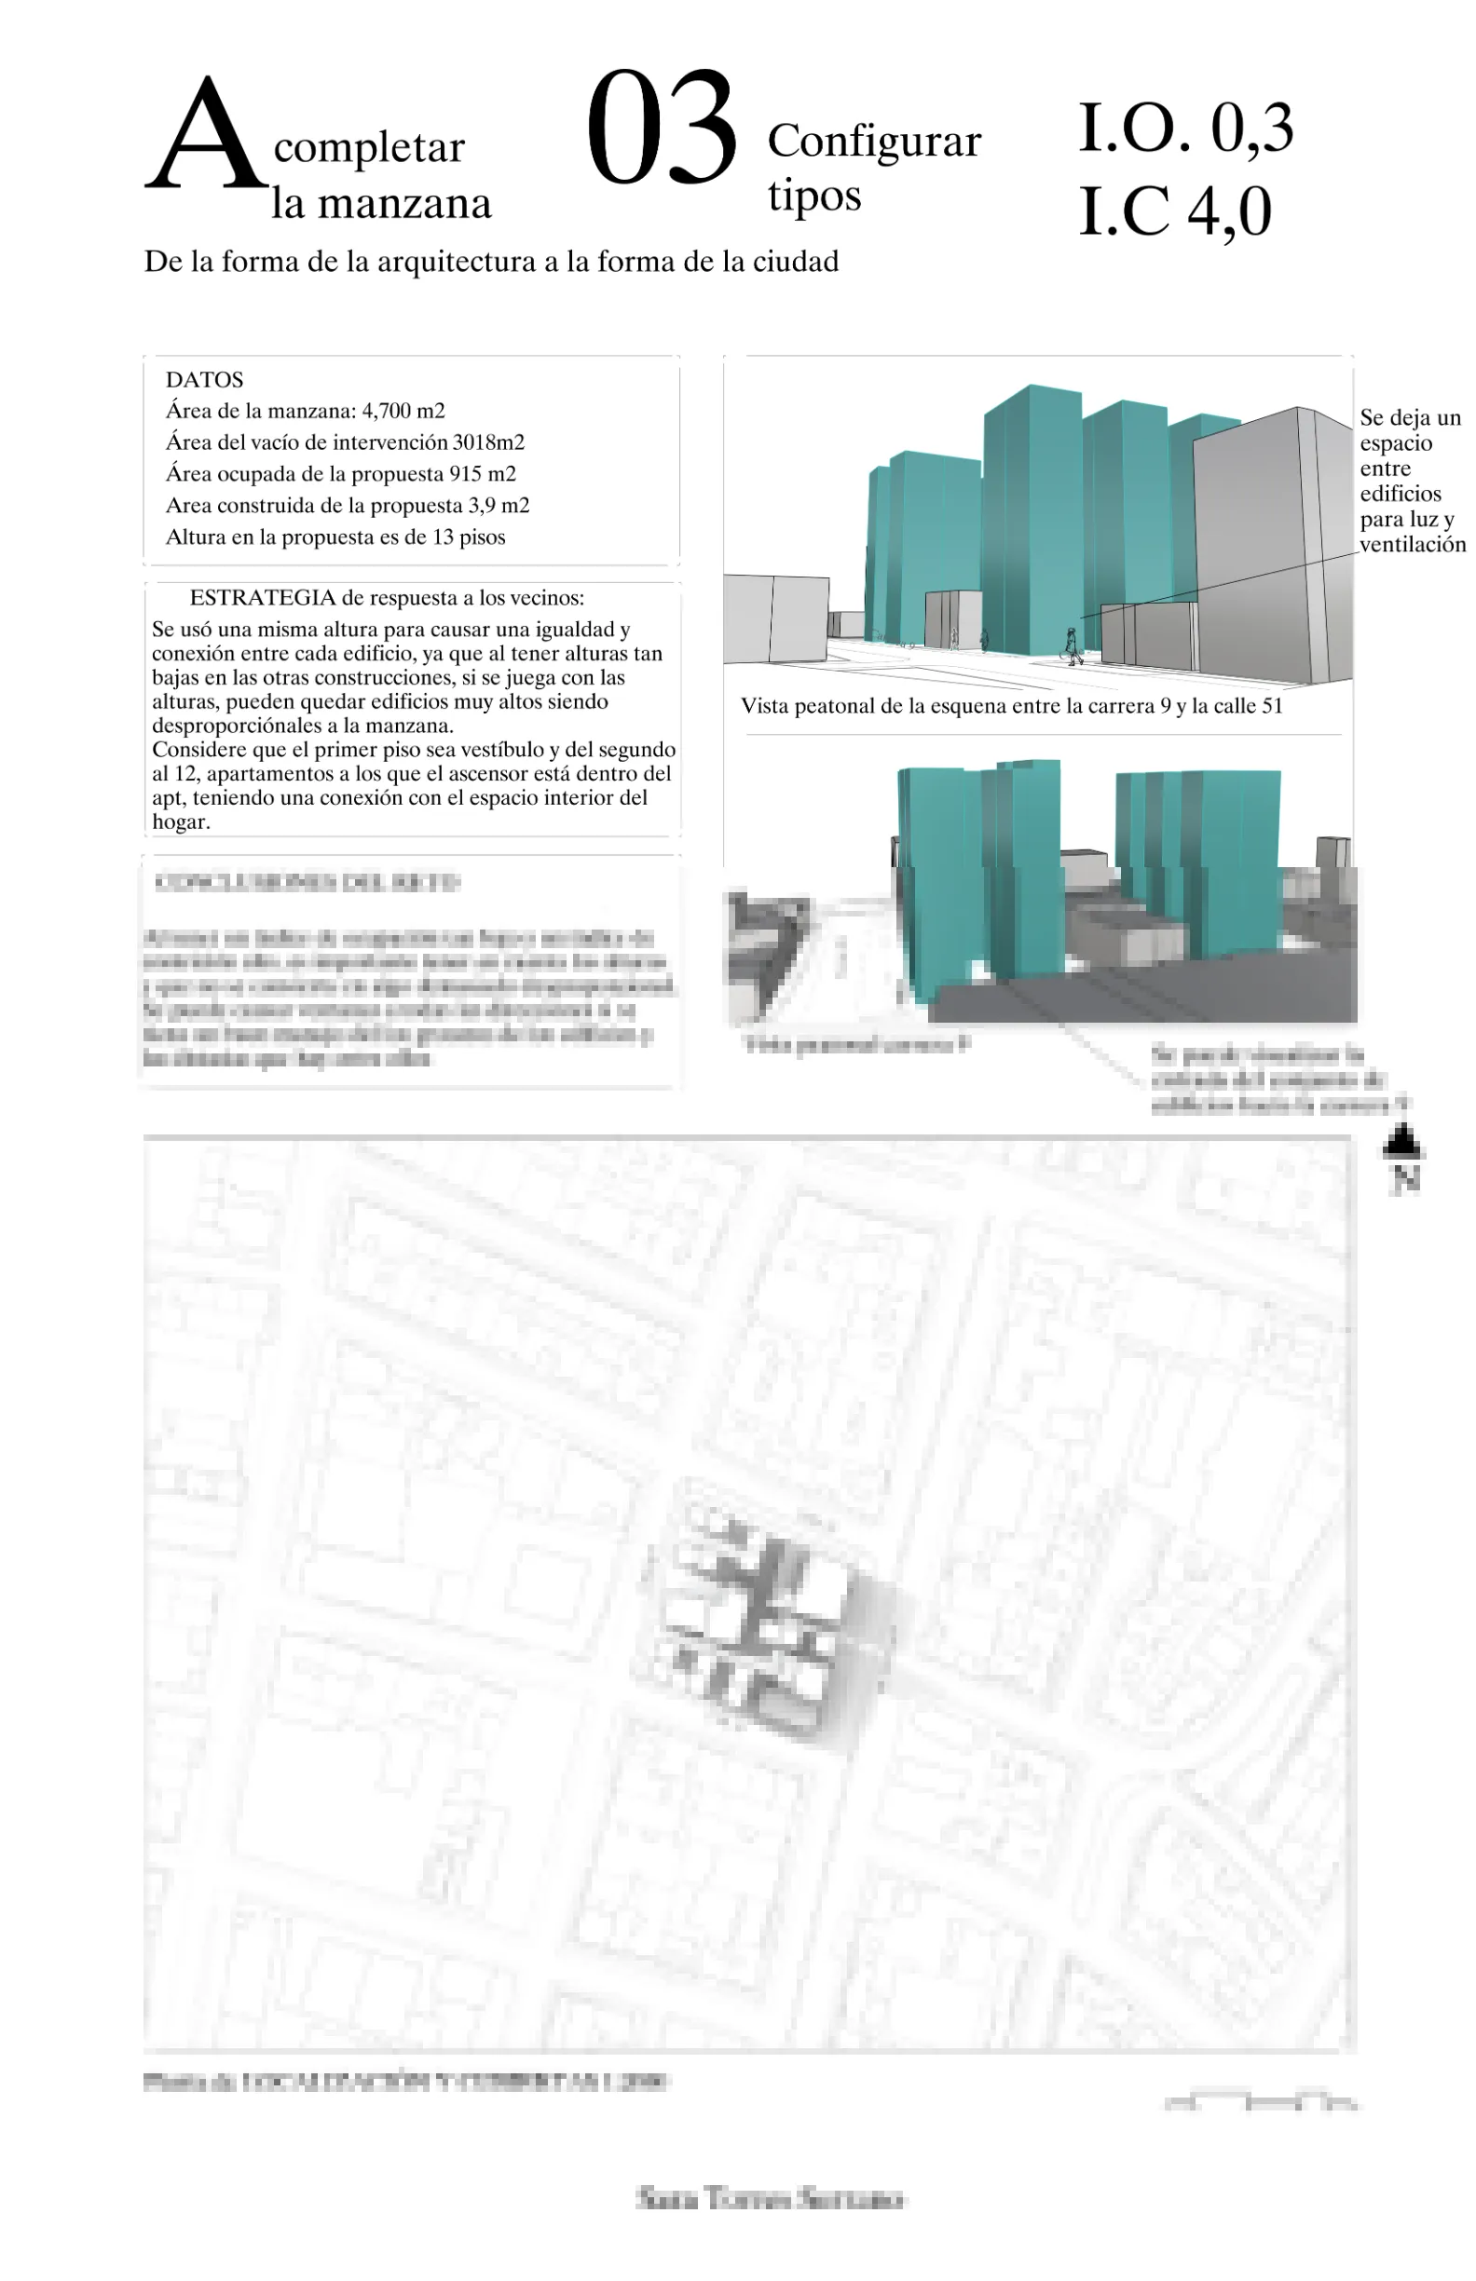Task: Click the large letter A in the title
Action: pyautogui.click(x=205, y=134)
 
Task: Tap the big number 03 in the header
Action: pyautogui.click(x=662, y=129)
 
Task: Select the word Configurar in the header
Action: pyautogui.click(x=874, y=141)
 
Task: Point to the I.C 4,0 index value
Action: pyautogui.click(x=1175, y=210)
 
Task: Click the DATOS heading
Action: pyautogui.click(x=204, y=379)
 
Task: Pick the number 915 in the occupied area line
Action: pyautogui.click(x=465, y=474)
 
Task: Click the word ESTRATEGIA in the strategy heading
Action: pyautogui.click(x=262, y=598)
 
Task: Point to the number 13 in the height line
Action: pyautogui.click(x=442, y=537)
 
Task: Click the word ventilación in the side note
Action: pyautogui.click(x=1412, y=544)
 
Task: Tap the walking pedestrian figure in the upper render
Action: pyautogui.click(x=1073, y=645)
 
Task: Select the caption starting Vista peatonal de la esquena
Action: pyautogui.click(x=1011, y=706)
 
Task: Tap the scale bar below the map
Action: pyautogui.click(x=1261, y=2103)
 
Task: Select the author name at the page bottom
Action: pyautogui.click(x=770, y=2199)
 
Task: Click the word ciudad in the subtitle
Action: pyautogui.click(x=795, y=262)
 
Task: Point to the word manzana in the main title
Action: pyautogui.click(x=404, y=204)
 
